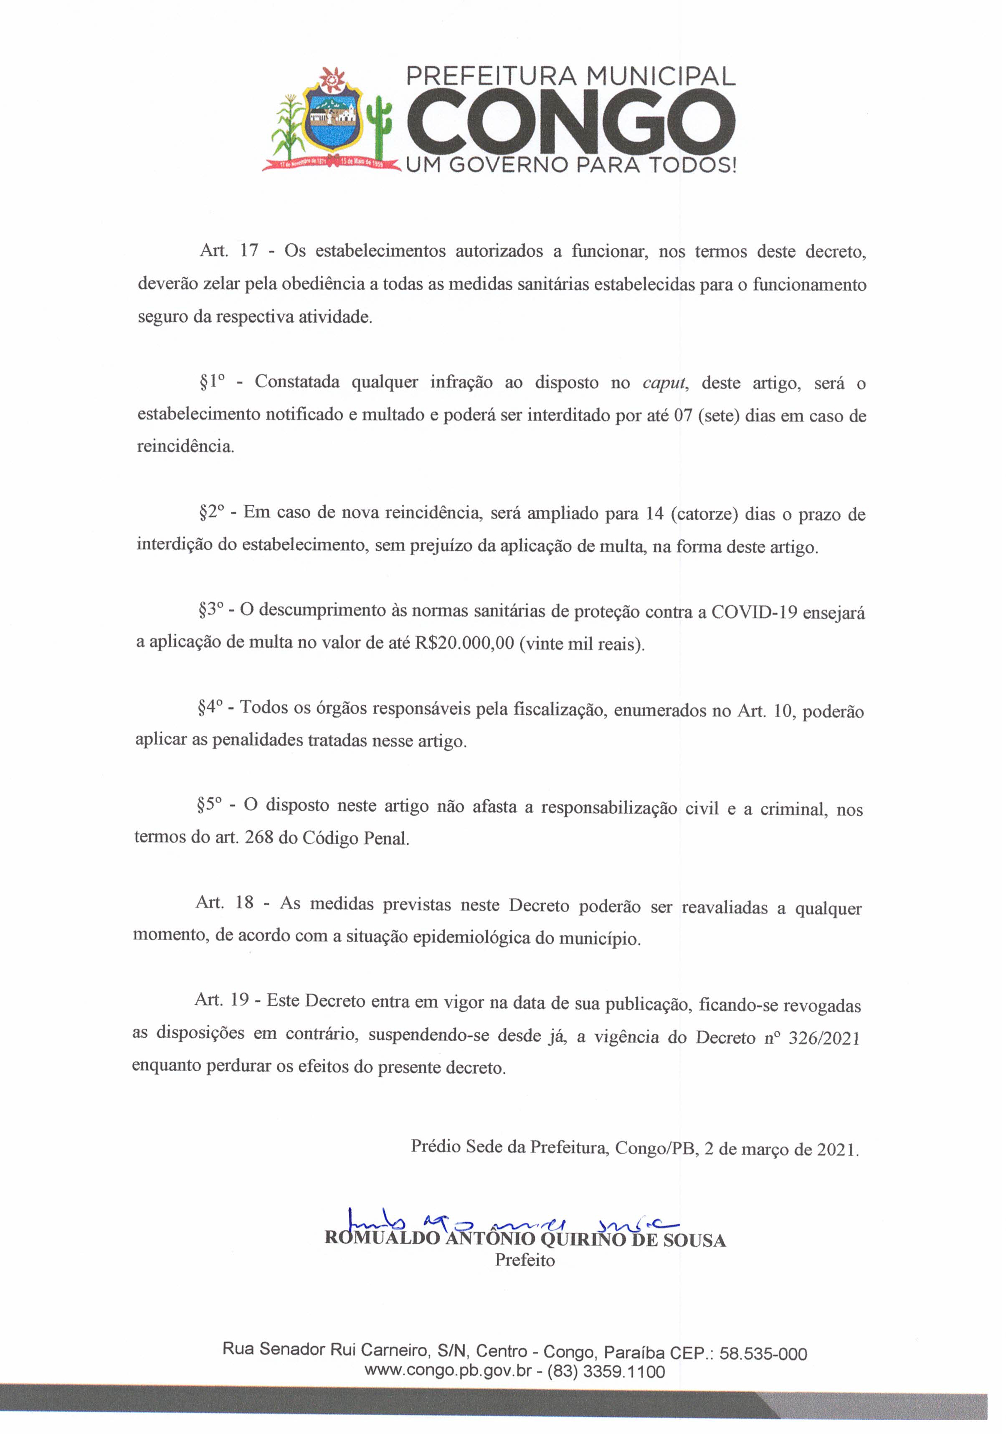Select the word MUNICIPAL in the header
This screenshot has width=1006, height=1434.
pos(661,76)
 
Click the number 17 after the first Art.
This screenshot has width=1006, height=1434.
pos(249,251)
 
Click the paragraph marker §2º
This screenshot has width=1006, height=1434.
pos(211,512)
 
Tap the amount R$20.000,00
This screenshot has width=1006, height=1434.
pos(464,643)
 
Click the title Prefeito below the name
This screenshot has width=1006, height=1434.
pos(525,1260)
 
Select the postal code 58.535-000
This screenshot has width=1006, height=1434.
pos(763,1354)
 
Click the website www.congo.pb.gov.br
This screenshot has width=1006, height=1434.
pos(447,1371)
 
